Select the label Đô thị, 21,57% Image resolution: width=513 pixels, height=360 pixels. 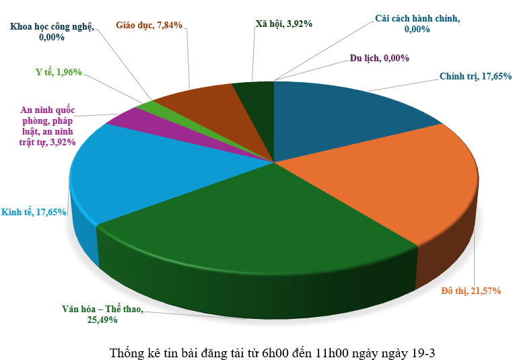[470, 291]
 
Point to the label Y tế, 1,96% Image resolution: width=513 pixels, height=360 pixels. [59, 72]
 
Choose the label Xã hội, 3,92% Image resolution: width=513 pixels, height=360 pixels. [283, 24]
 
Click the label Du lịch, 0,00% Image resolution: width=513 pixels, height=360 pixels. [379, 58]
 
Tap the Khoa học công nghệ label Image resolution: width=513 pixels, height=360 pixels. [52, 32]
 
